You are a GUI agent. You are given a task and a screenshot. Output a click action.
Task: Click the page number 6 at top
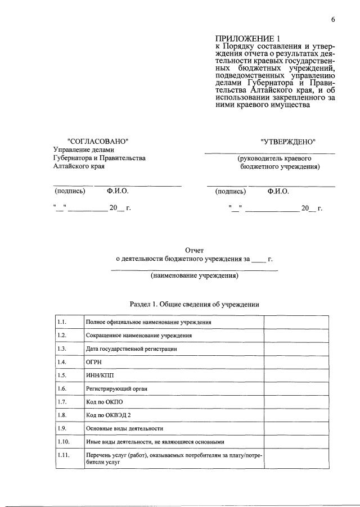click(x=333, y=20)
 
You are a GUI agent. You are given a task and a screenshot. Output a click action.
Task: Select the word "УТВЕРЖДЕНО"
click(x=288, y=141)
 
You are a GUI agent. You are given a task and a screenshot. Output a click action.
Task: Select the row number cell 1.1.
click(x=62, y=322)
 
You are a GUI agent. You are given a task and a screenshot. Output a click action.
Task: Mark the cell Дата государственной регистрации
click(x=132, y=349)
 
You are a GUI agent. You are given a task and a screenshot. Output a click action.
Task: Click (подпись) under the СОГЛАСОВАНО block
click(x=70, y=192)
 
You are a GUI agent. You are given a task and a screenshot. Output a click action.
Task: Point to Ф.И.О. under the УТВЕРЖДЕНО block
click(x=278, y=192)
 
